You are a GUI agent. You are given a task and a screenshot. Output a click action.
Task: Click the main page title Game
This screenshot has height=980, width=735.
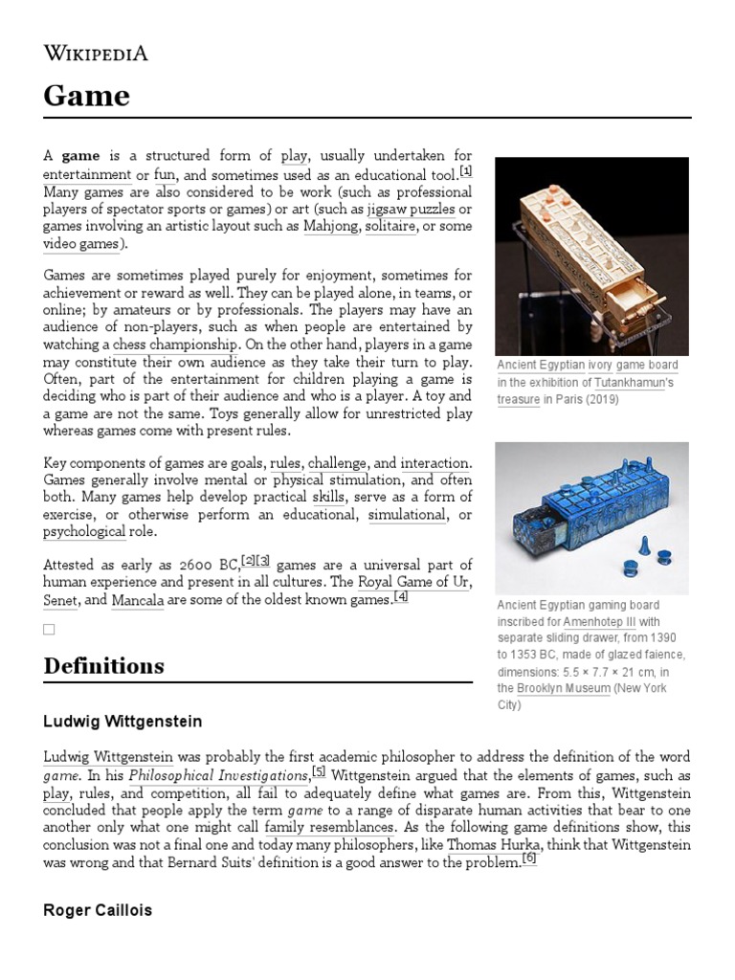pyautogui.click(x=86, y=96)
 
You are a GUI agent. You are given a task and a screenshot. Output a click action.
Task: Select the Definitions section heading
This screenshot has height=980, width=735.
pyautogui.click(x=103, y=666)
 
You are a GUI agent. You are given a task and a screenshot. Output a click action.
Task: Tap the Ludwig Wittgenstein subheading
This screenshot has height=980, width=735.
pyautogui.click(x=122, y=721)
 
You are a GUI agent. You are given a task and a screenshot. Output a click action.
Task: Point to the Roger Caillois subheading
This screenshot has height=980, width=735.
pyautogui.click(x=98, y=909)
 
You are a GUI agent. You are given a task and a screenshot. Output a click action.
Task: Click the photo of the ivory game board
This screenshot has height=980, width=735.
pyautogui.click(x=590, y=256)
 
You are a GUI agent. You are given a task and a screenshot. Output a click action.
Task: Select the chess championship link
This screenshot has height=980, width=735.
pyautogui.click(x=175, y=345)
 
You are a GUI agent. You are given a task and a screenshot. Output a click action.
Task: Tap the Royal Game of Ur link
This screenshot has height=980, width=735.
pyautogui.click(x=413, y=583)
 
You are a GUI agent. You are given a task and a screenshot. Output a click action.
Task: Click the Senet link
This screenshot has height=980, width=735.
pyautogui.click(x=60, y=601)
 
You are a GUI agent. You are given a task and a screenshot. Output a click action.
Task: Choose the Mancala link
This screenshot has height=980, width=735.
pyautogui.click(x=138, y=601)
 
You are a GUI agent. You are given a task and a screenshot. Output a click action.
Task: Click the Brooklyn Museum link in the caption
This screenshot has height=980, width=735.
pyautogui.click(x=563, y=688)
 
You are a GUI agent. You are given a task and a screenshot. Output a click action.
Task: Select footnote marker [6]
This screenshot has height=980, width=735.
pyautogui.click(x=529, y=859)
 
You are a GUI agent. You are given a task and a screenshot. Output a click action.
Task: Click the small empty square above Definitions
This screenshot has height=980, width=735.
pyautogui.click(x=49, y=629)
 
